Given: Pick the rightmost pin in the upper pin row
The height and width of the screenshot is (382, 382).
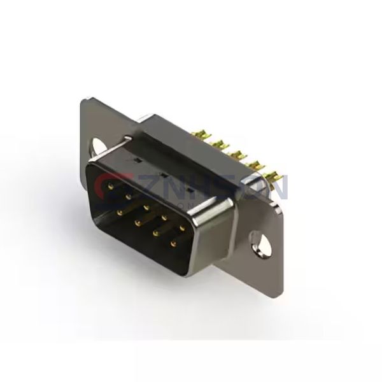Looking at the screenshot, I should [x=182, y=228].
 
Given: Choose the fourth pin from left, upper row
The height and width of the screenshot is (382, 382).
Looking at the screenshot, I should [x=164, y=217].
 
